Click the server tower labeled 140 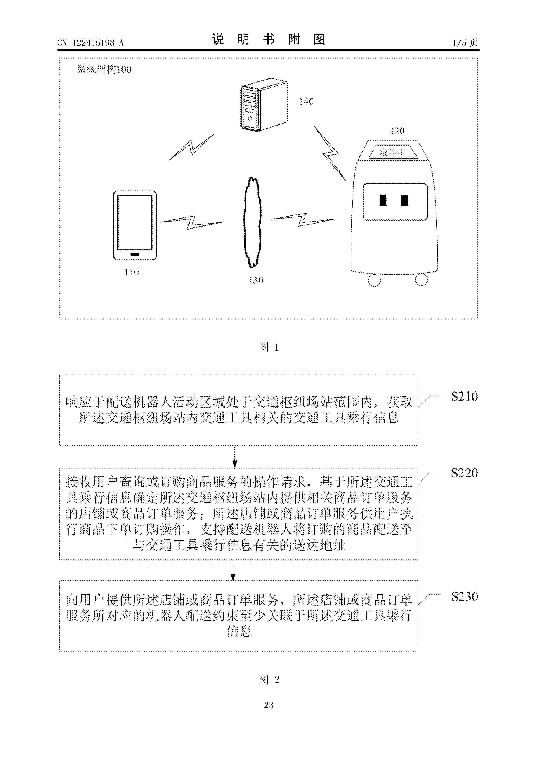pyautogui.click(x=264, y=104)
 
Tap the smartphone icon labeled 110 pyautogui.click(x=135, y=225)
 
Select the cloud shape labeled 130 pyautogui.click(x=253, y=222)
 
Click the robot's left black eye pyautogui.click(x=383, y=200)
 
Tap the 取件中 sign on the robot pyautogui.click(x=393, y=152)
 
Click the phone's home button pyautogui.click(x=135, y=255)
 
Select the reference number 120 pyautogui.click(x=397, y=131)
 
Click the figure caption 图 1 pyautogui.click(x=269, y=347)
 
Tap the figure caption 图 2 pyautogui.click(x=269, y=679)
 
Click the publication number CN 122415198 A pyautogui.click(x=90, y=43)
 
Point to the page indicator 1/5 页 pyautogui.click(x=465, y=43)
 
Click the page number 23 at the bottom pyautogui.click(x=269, y=705)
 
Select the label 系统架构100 pyautogui.click(x=104, y=69)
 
